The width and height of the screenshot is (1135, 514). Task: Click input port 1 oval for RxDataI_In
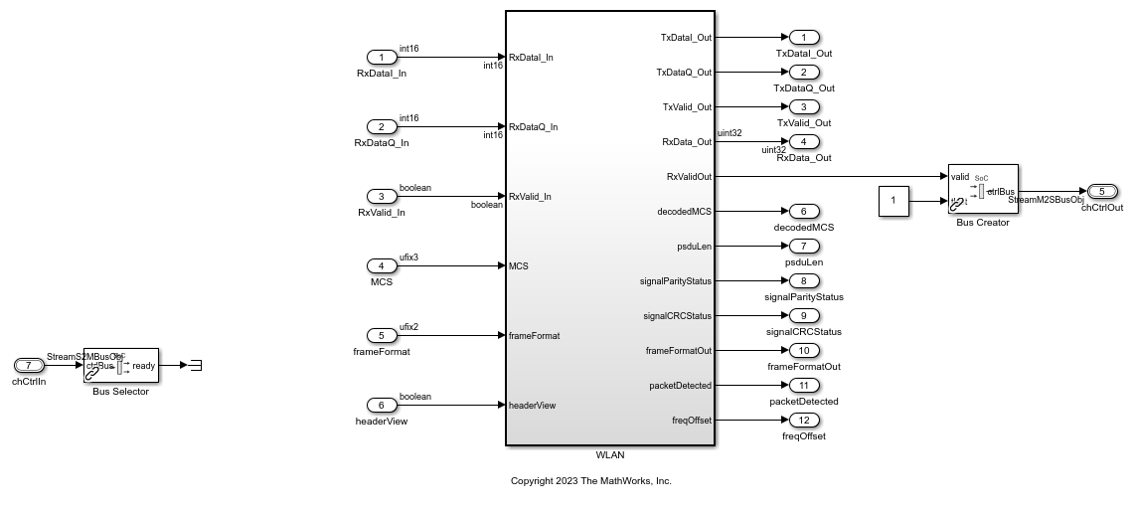point(382,58)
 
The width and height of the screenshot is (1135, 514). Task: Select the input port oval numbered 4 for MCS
point(382,266)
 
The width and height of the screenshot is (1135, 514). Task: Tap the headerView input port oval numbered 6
point(382,405)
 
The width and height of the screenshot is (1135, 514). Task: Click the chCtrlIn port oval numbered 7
point(30,365)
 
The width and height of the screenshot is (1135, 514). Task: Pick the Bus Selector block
point(120,366)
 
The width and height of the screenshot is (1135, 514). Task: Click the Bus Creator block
point(982,189)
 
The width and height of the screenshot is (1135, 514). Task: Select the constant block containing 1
point(892,202)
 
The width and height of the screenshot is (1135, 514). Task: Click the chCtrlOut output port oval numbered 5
point(1102,192)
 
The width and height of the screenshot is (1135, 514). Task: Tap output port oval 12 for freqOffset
point(803,420)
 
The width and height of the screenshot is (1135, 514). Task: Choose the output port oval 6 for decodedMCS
point(803,211)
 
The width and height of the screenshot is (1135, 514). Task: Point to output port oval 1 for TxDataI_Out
point(803,38)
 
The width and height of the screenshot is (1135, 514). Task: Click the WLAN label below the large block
point(610,455)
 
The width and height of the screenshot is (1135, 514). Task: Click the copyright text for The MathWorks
point(590,481)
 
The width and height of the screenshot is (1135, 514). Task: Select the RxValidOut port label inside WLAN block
point(689,177)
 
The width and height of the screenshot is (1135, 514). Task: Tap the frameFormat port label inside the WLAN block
point(534,336)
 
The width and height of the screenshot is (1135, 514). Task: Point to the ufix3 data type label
point(409,257)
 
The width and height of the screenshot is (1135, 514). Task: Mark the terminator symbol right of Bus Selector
point(196,365)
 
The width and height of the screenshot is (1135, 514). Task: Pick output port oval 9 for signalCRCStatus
point(803,315)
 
